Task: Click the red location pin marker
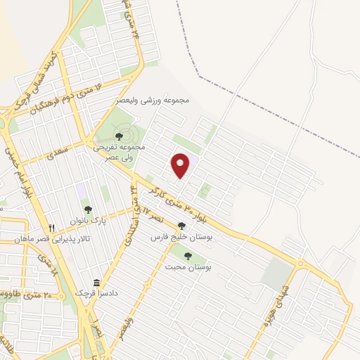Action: [x=181, y=165]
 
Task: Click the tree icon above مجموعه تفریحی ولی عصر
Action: [x=118, y=135]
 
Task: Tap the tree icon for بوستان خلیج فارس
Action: [x=182, y=226]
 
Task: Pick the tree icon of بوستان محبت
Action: [x=187, y=256]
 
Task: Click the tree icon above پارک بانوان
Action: [x=88, y=209]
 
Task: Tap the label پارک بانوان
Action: [x=88, y=221]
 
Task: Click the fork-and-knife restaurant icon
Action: [x=51, y=228]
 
